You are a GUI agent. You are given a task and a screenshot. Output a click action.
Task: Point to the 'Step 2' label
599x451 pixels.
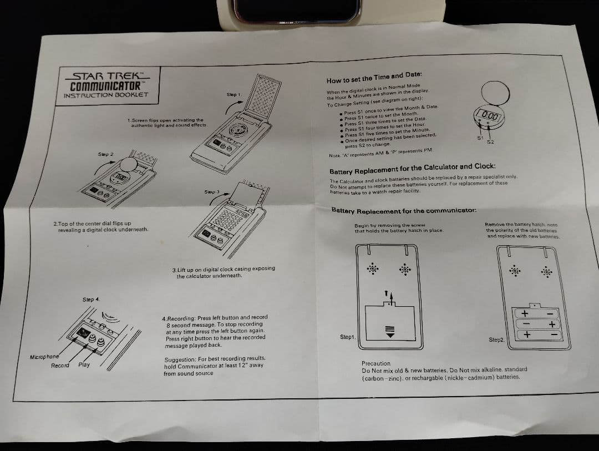coord(106,154)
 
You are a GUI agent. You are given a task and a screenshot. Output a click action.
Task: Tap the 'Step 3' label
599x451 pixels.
coord(212,192)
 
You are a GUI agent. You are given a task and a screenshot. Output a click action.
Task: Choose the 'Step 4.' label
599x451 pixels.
coord(92,300)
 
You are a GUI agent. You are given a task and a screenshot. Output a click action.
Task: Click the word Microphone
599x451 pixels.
coord(44,356)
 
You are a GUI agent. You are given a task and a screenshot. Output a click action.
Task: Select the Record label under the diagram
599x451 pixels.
coord(60,366)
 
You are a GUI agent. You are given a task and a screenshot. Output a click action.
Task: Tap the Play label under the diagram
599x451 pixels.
coord(84,365)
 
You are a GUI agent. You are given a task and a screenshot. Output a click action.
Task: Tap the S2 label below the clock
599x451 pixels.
coord(490,142)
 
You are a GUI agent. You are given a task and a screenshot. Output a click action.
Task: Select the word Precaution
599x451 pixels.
coord(376,363)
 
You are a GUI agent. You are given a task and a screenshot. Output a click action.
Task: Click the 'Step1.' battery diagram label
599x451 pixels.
coord(348,337)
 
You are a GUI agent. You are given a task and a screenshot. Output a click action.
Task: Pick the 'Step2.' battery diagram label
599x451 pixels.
coord(496,339)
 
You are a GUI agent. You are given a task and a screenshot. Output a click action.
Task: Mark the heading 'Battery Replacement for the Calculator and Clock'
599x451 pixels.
coord(413,167)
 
